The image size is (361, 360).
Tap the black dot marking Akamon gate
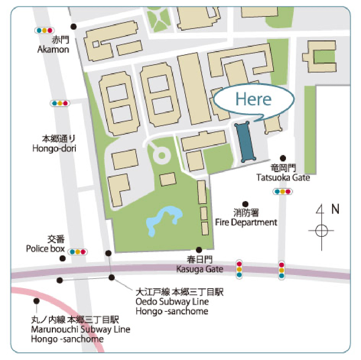[74, 26]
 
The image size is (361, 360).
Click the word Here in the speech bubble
[254, 99]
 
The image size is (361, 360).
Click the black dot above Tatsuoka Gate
[283, 158]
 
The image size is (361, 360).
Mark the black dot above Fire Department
[245, 204]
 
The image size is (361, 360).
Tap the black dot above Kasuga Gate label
[199, 250]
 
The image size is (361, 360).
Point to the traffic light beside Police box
[78, 252]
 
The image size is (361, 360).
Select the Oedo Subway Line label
[172, 301]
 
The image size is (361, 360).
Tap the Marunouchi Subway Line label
[80, 329]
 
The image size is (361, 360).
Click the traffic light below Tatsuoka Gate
[282, 192]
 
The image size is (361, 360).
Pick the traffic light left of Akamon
[45, 30]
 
